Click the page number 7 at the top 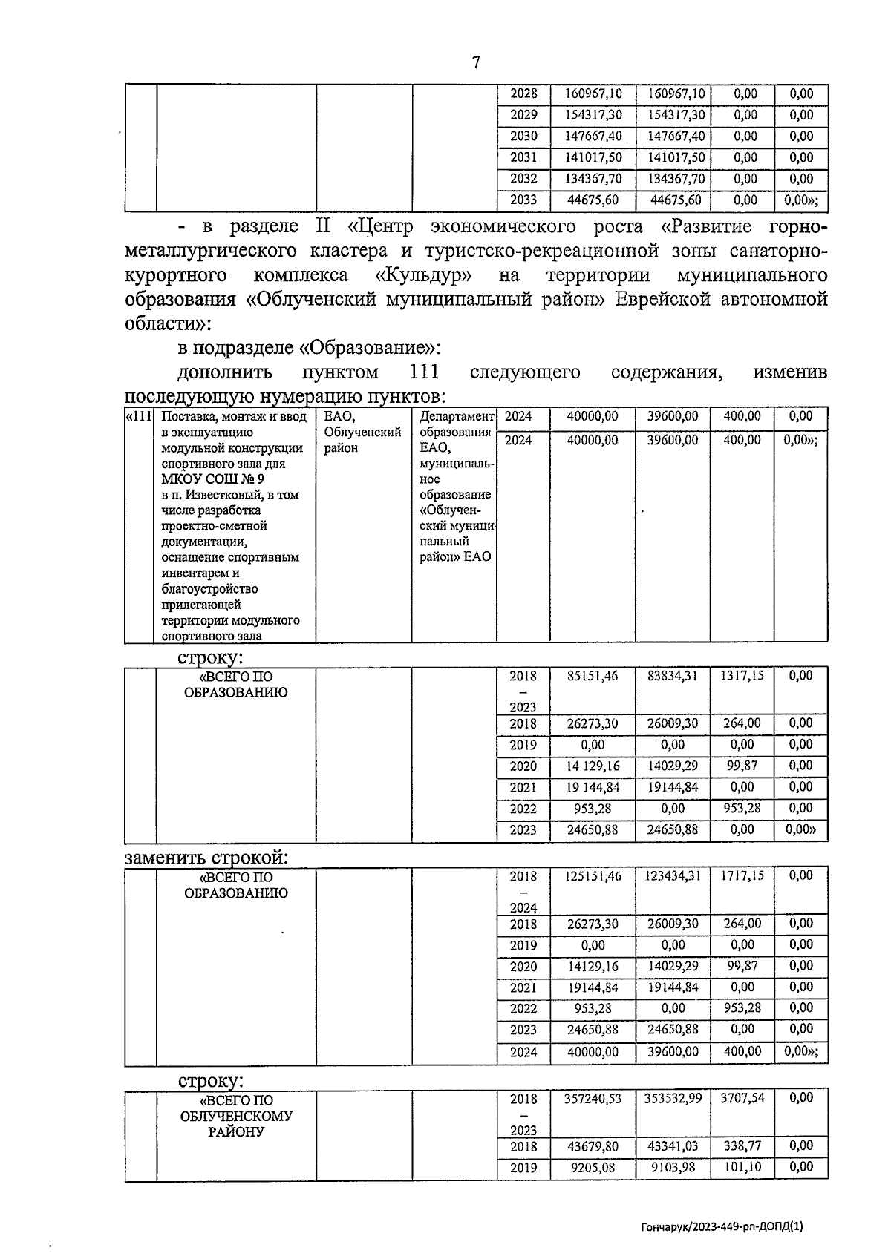click(x=475, y=63)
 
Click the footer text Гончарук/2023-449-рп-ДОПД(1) click(x=721, y=1226)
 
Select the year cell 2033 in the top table click(x=523, y=200)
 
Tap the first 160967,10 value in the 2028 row click(x=593, y=94)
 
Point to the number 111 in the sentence click(x=423, y=371)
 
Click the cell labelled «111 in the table click(x=140, y=417)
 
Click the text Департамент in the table click(x=456, y=417)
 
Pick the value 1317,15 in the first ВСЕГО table click(x=741, y=676)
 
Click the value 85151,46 click(x=592, y=676)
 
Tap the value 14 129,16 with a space click(x=592, y=766)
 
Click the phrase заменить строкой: click(x=206, y=858)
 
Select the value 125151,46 click(x=592, y=876)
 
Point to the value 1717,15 click(x=741, y=876)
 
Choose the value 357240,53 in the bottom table click(x=592, y=1098)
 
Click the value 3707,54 click(x=741, y=1098)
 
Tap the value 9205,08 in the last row click(x=592, y=1168)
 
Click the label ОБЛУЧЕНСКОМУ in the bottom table click(x=236, y=1116)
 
